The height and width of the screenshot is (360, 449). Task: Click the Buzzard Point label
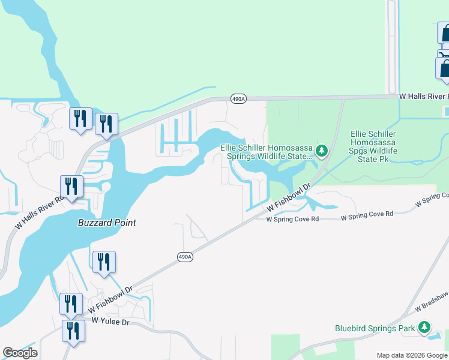(x=107, y=223)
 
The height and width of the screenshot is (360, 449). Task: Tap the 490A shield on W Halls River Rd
(x=238, y=99)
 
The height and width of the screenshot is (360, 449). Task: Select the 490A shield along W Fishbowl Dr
(x=185, y=257)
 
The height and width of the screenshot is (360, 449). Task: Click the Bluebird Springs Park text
(x=375, y=328)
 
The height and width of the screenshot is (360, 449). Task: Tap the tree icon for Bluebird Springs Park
(x=424, y=328)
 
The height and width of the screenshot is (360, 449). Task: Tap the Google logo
(x=20, y=352)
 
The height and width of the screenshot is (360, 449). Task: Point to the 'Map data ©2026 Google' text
(x=411, y=355)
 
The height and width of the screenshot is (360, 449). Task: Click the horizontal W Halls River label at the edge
(x=424, y=96)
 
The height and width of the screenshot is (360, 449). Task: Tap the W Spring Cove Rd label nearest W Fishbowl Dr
(x=292, y=220)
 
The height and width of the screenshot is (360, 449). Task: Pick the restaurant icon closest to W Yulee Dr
(x=73, y=331)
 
